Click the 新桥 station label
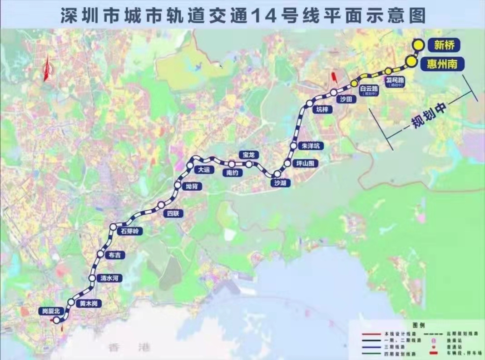pos(444,45)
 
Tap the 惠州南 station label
pos(441,64)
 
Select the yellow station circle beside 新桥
pos(418,44)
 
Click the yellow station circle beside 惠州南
pos(411,62)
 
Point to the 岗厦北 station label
pos(48,311)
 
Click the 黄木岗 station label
pos(89,303)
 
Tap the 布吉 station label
pos(114,256)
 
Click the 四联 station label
pos(173,214)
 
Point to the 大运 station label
pos(203,170)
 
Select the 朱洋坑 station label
pos(311,146)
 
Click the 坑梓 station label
pos(322,109)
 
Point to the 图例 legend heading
pos(418,325)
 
